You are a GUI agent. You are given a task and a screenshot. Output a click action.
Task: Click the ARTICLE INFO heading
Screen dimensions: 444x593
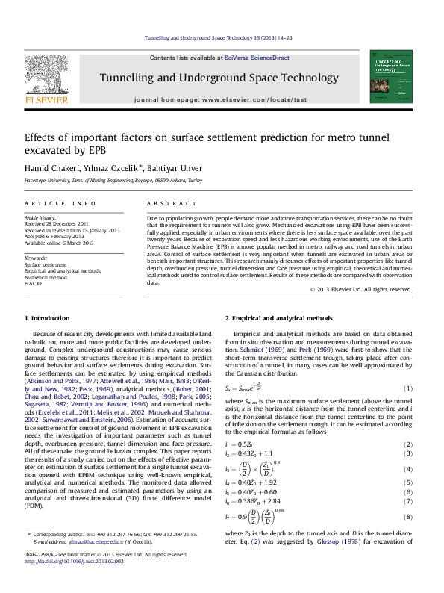[x=60, y=204]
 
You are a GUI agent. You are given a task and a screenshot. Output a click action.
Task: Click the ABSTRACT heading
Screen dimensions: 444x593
[x=166, y=204]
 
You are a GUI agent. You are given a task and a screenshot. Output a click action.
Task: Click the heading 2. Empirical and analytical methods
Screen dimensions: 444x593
[x=279, y=319]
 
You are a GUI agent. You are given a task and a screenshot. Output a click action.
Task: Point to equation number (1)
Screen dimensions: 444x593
[x=408, y=388]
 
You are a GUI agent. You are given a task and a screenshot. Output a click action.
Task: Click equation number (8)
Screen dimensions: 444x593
[x=408, y=537]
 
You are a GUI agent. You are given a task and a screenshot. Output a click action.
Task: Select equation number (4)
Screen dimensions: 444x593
[x=408, y=468]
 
